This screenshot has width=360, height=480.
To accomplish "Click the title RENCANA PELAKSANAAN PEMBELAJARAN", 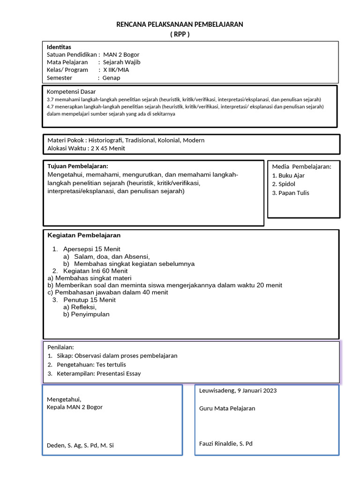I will (x=180, y=24).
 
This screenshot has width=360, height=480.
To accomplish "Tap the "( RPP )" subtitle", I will (x=180, y=34).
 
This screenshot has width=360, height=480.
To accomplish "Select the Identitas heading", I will (x=59, y=47).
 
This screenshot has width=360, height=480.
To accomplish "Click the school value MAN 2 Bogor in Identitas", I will (x=121, y=54).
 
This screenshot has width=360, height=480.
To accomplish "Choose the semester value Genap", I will (x=112, y=78).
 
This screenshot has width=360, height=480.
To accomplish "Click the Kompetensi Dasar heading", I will (x=71, y=91).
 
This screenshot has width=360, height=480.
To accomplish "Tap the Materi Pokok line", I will (x=126, y=140).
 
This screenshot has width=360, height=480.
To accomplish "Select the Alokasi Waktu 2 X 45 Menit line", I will (x=86, y=148).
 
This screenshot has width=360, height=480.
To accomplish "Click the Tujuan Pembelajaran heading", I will (x=78, y=166).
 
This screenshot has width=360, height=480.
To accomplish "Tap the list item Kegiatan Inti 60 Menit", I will (x=95, y=271).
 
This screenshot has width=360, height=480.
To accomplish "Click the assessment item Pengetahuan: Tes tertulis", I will (x=91, y=365).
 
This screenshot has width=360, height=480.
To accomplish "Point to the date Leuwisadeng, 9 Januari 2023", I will (x=238, y=390).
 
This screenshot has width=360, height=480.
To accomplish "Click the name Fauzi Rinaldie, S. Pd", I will (x=225, y=443).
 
